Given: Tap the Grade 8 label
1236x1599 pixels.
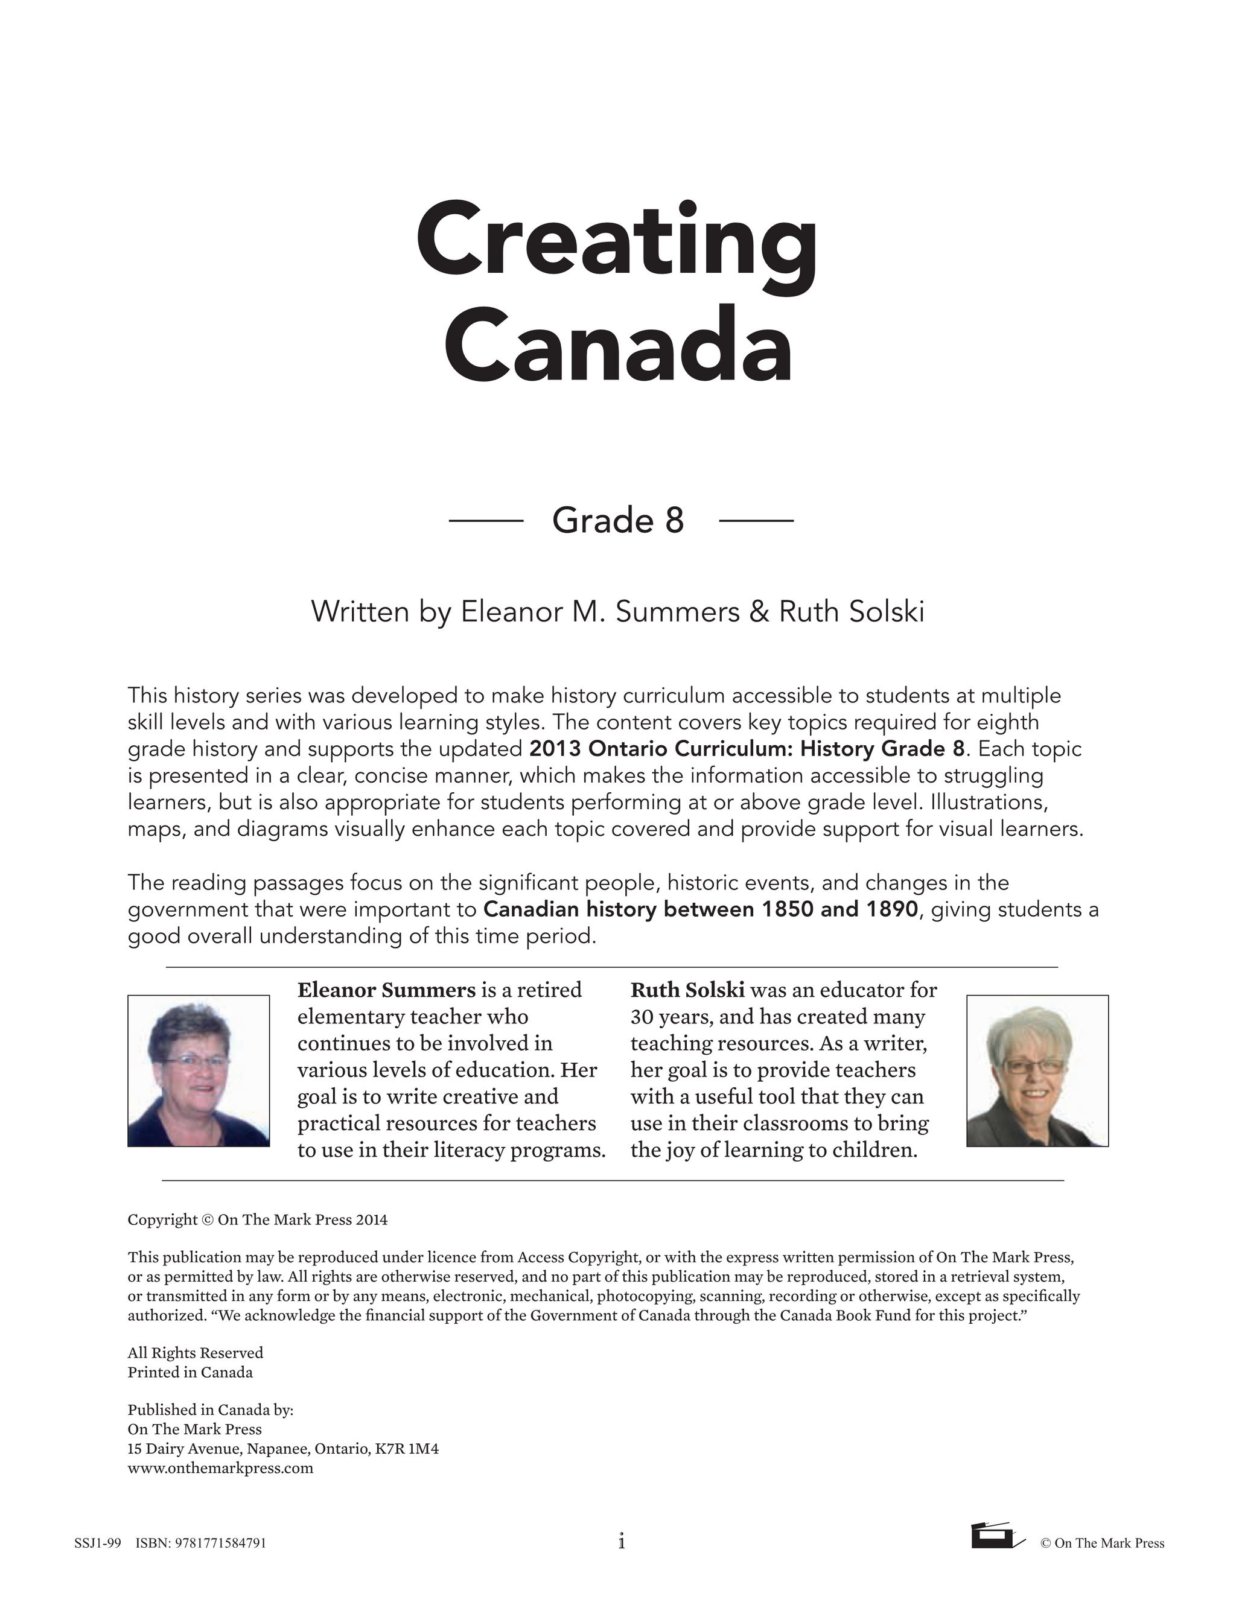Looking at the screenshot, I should pyautogui.click(x=618, y=521).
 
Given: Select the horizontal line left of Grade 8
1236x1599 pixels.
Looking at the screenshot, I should pyautogui.click(x=485, y=521).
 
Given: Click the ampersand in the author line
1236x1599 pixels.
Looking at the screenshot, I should pyautogui.click(x=759, y=611).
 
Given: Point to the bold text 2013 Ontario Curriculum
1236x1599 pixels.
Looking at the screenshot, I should pyautogui.click(x=659, y=749).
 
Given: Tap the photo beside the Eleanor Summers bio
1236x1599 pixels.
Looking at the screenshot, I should pyautogui.click(x=199, y=1070).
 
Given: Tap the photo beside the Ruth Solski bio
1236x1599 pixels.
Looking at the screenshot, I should pyautogui.click(x=1037, y=1070).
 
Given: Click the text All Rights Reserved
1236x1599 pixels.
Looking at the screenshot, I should pyautogui.click(x=195, y=1353).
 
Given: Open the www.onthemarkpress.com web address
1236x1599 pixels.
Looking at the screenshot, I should pyautogui.click(x=220, y=1468).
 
